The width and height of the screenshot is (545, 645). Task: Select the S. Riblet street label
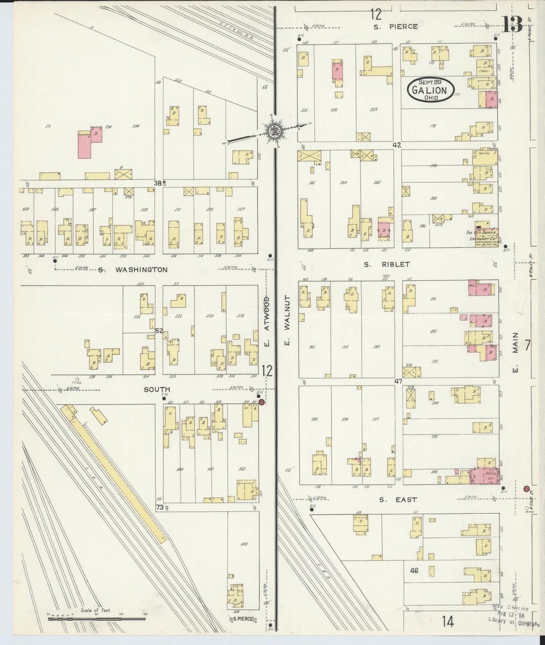point(387,264)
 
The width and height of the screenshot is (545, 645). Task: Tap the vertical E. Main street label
point(516,352)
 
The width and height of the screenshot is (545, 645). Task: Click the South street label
point(157,389)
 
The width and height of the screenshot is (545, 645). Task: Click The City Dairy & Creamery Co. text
point(482,236)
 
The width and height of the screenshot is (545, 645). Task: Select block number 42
point(396,145)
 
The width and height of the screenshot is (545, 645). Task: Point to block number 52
point(159,331)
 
